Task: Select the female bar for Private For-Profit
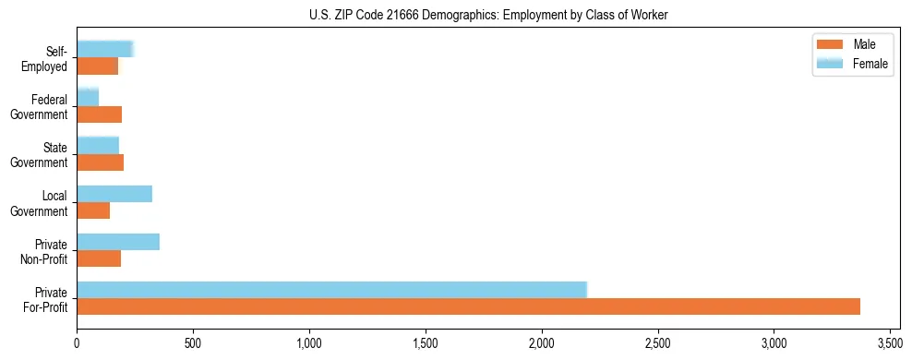[331, 290]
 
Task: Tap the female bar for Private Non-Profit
[118, 242]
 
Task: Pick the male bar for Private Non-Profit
[99, 258]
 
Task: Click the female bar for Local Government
[114, 194]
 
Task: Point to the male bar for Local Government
[93, 210]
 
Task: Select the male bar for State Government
[100, 162]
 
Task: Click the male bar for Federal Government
[99, 114]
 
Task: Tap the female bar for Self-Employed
[105, 50]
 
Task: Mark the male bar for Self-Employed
[97, 66]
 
